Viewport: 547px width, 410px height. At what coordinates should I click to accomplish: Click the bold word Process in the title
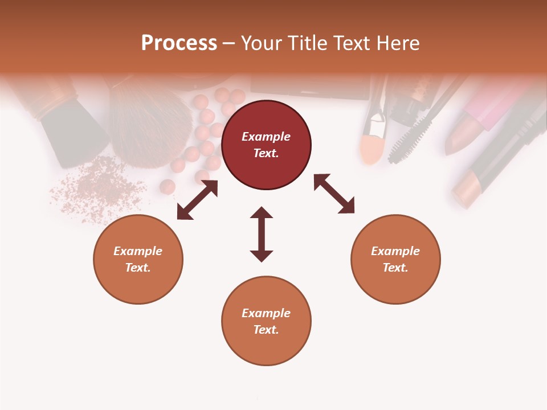pos(179,43)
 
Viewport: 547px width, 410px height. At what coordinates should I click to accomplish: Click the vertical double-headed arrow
pos(262,234)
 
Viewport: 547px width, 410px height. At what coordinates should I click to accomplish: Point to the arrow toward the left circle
pos(197,200)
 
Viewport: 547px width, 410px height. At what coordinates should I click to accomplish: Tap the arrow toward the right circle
pos(334,194)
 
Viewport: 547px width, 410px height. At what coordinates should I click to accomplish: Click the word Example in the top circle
pos(266,137)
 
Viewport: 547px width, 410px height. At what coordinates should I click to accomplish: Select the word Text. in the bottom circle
pos(266,330)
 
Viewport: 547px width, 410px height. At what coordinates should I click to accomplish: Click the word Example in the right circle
pos(395,251)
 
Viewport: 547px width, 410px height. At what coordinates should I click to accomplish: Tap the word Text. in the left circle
pos(138,268)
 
